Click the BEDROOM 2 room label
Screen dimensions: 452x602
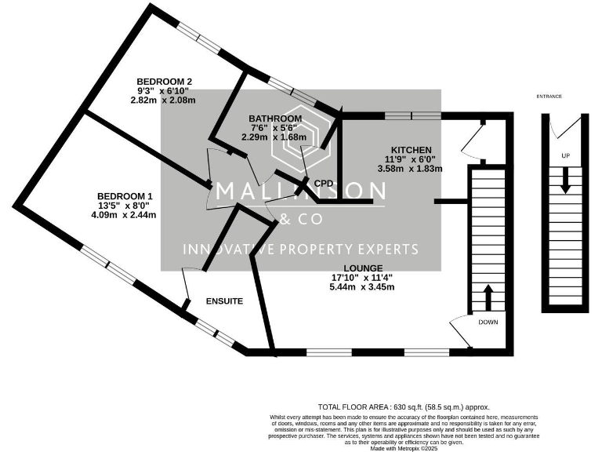tap(164, 81)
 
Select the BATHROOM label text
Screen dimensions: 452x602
tap(270, 118)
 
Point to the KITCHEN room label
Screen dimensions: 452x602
tap(411, 150)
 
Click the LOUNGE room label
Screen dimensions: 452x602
tap(361, 268)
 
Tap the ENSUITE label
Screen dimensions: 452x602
tap(224, 301)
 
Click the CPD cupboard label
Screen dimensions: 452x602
tap(324, 183)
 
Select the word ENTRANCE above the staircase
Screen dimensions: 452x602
tap(549, 97)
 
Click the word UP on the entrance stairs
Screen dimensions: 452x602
tap(565, 155)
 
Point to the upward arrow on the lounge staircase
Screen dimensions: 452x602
tap(487, 299)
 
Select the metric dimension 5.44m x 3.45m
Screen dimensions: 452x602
tap(361, 287)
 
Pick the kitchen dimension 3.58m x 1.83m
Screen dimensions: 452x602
tap(411, 169)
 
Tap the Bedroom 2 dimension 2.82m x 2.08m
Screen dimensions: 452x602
tap(163, 100)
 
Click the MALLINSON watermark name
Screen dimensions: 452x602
tap(300, 191)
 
